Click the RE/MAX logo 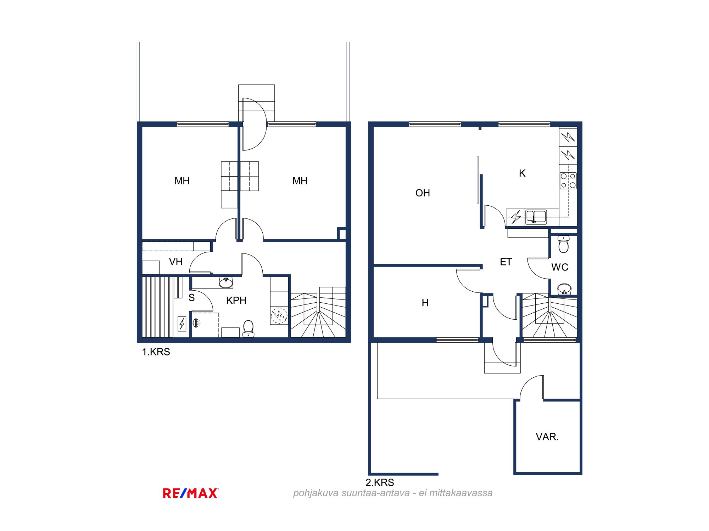coord(191,493)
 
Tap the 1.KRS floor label coord(156,352)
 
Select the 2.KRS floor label coord(380,483)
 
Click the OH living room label coord(423,193)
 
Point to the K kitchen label coord(522,173)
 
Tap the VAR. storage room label coord(547,437)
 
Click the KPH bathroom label coord(236,301)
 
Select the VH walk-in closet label coord(176,262)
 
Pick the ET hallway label coord(506,262)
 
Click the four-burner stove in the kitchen coord(568,181)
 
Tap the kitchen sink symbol coord(536,217)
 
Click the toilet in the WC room coord(563,244)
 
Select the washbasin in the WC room coord(564,289)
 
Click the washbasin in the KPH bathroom coord(226,282)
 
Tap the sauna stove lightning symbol coord(182,324)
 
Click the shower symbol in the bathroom coord(196,322)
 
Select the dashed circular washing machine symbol coord(279,316)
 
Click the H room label coord(425,303)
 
